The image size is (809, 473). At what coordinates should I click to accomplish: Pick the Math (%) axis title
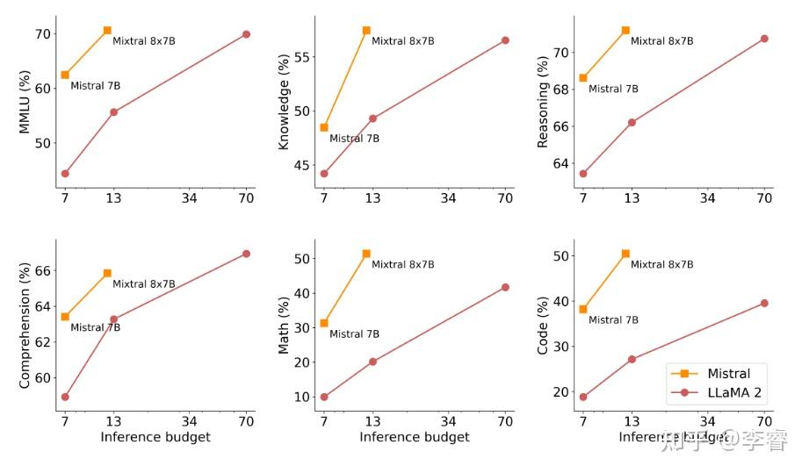tap(284, 324)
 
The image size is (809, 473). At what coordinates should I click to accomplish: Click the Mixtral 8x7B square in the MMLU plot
tap(107, 31)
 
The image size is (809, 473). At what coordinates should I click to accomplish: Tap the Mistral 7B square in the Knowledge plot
tap(324, 127)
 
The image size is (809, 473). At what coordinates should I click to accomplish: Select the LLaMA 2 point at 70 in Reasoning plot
tap(764, 39)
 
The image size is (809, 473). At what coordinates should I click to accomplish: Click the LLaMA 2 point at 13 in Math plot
tap(372, 362)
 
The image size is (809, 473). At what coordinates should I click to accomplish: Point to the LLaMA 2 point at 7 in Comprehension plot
tap(65, 397)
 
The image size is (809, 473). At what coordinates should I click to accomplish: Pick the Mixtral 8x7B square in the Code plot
tap(625, 254)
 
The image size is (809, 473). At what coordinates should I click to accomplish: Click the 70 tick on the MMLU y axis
tap(40, 34)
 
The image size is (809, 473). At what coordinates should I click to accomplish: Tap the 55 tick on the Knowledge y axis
tap(300, 57)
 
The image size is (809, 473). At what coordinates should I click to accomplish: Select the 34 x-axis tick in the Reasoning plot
tap(708, 199)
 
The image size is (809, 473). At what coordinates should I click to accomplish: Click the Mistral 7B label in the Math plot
tap(354, 333)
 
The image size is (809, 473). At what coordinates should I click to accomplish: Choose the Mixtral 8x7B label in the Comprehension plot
tap(144, 283)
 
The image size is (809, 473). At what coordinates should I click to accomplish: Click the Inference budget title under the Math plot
tap(415, 437)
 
